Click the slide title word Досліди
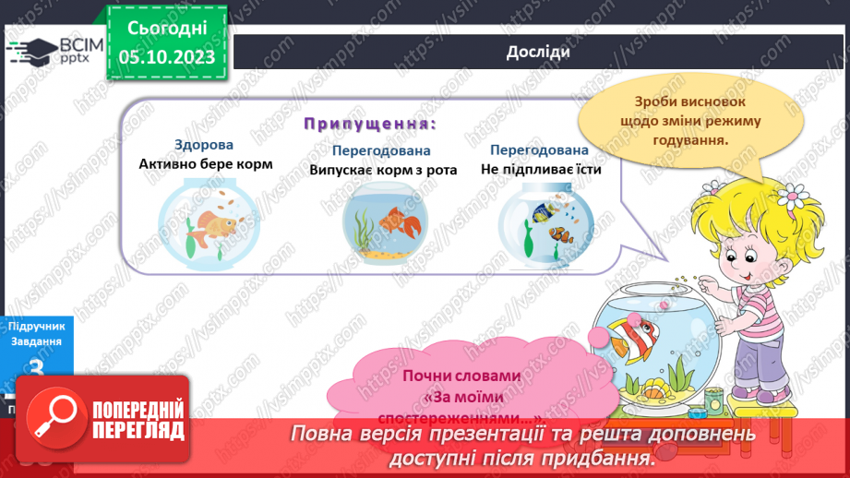coord(538,52)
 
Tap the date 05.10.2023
coord(166,57)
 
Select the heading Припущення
coord(370,124)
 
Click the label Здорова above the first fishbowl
coord(204,145)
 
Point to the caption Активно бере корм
coord(206,163)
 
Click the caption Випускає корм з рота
coord(383,169)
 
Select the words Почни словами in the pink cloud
coord(461,376)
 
